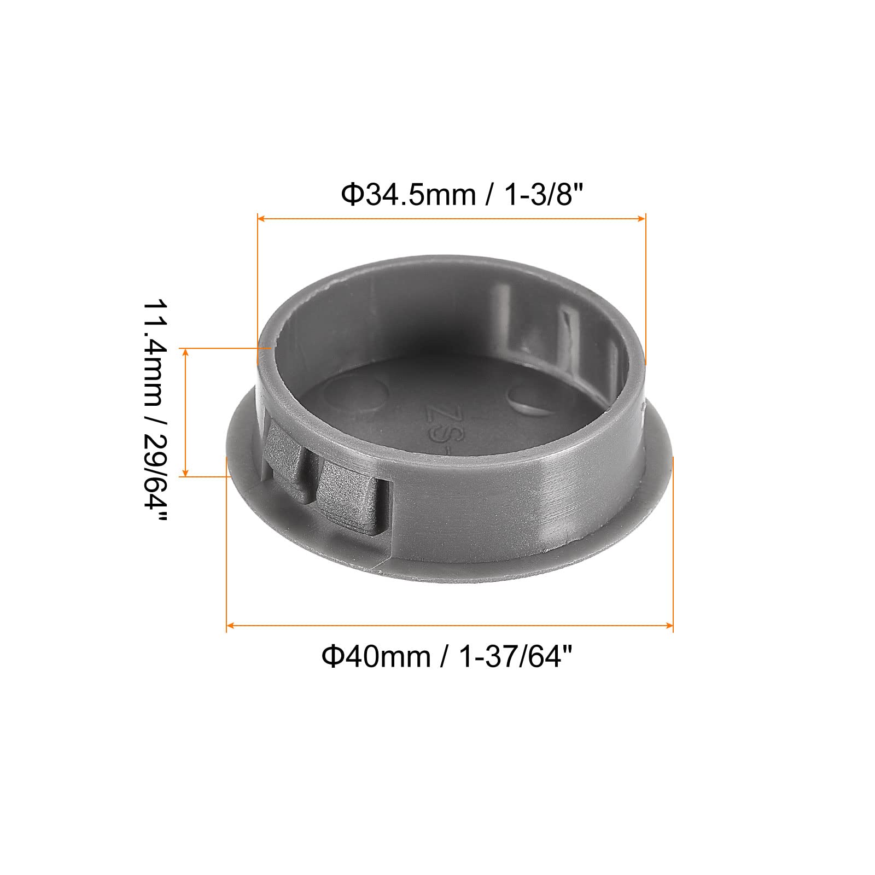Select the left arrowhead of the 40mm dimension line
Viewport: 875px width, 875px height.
tap(230, 625)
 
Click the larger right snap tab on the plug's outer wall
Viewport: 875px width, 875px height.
tap(350, 495)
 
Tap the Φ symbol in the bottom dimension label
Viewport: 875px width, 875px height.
tap(332, 656)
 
